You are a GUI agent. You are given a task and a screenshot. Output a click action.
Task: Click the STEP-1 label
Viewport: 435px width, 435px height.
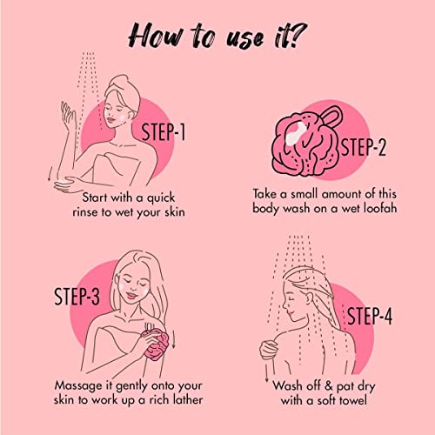[x=164, y=132]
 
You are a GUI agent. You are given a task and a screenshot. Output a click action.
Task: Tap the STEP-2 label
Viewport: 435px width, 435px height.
[x=364, y=147]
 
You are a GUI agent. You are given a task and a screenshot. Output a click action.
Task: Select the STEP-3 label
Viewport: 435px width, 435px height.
[x=77, y=296]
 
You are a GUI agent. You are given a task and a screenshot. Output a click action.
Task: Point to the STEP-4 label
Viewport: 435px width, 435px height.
[x=370, y=316]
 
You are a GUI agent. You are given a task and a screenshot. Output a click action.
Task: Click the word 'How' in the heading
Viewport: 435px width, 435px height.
[x=156, y=36]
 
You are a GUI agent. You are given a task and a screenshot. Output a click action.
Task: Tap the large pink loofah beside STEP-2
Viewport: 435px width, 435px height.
[x=304, y=144]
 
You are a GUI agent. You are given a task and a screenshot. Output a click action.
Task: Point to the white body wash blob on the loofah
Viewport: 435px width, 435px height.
[x=296, y=133]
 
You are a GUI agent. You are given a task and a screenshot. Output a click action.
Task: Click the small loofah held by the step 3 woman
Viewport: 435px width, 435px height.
[x=156, y=344]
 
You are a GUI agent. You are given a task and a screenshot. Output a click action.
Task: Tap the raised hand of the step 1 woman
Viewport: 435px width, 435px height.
[x=69, y=116]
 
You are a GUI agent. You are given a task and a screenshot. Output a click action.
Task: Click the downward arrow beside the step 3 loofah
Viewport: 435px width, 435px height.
[x=174, y=338]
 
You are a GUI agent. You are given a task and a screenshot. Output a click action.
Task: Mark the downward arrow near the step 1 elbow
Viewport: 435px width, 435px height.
[x=50, y=173]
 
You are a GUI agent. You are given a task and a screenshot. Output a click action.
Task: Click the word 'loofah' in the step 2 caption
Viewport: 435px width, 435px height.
[x=380, y=208]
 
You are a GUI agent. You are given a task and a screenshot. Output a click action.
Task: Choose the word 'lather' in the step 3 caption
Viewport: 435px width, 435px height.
[x=188, y=399]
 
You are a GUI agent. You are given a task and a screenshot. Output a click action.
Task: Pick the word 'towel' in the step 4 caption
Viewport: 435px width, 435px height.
[x=353, y=400]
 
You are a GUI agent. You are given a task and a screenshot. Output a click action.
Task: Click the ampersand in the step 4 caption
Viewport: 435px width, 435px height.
[x=328, y=385]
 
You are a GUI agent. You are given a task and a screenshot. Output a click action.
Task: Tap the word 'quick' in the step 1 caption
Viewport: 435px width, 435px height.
[x=161, y=198]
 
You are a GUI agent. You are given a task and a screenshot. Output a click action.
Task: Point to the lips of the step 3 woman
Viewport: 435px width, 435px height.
[x=131, y=296]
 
